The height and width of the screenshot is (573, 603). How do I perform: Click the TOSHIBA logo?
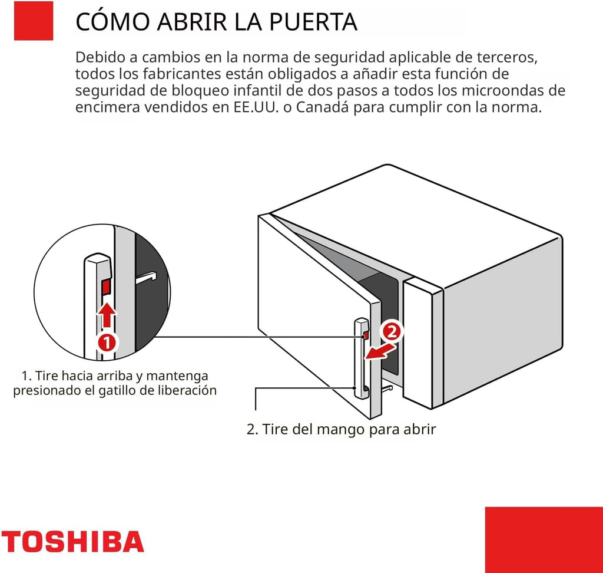tap(72, 541)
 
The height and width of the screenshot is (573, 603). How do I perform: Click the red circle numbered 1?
tap(105, 341)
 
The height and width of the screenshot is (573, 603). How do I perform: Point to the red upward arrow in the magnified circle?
tap(107, 314)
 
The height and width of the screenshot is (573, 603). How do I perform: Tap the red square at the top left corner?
tap(33, 21)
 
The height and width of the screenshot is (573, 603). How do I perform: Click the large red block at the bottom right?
tap(544, 539)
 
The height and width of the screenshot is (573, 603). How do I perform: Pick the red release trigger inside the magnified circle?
tap(107, 287)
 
